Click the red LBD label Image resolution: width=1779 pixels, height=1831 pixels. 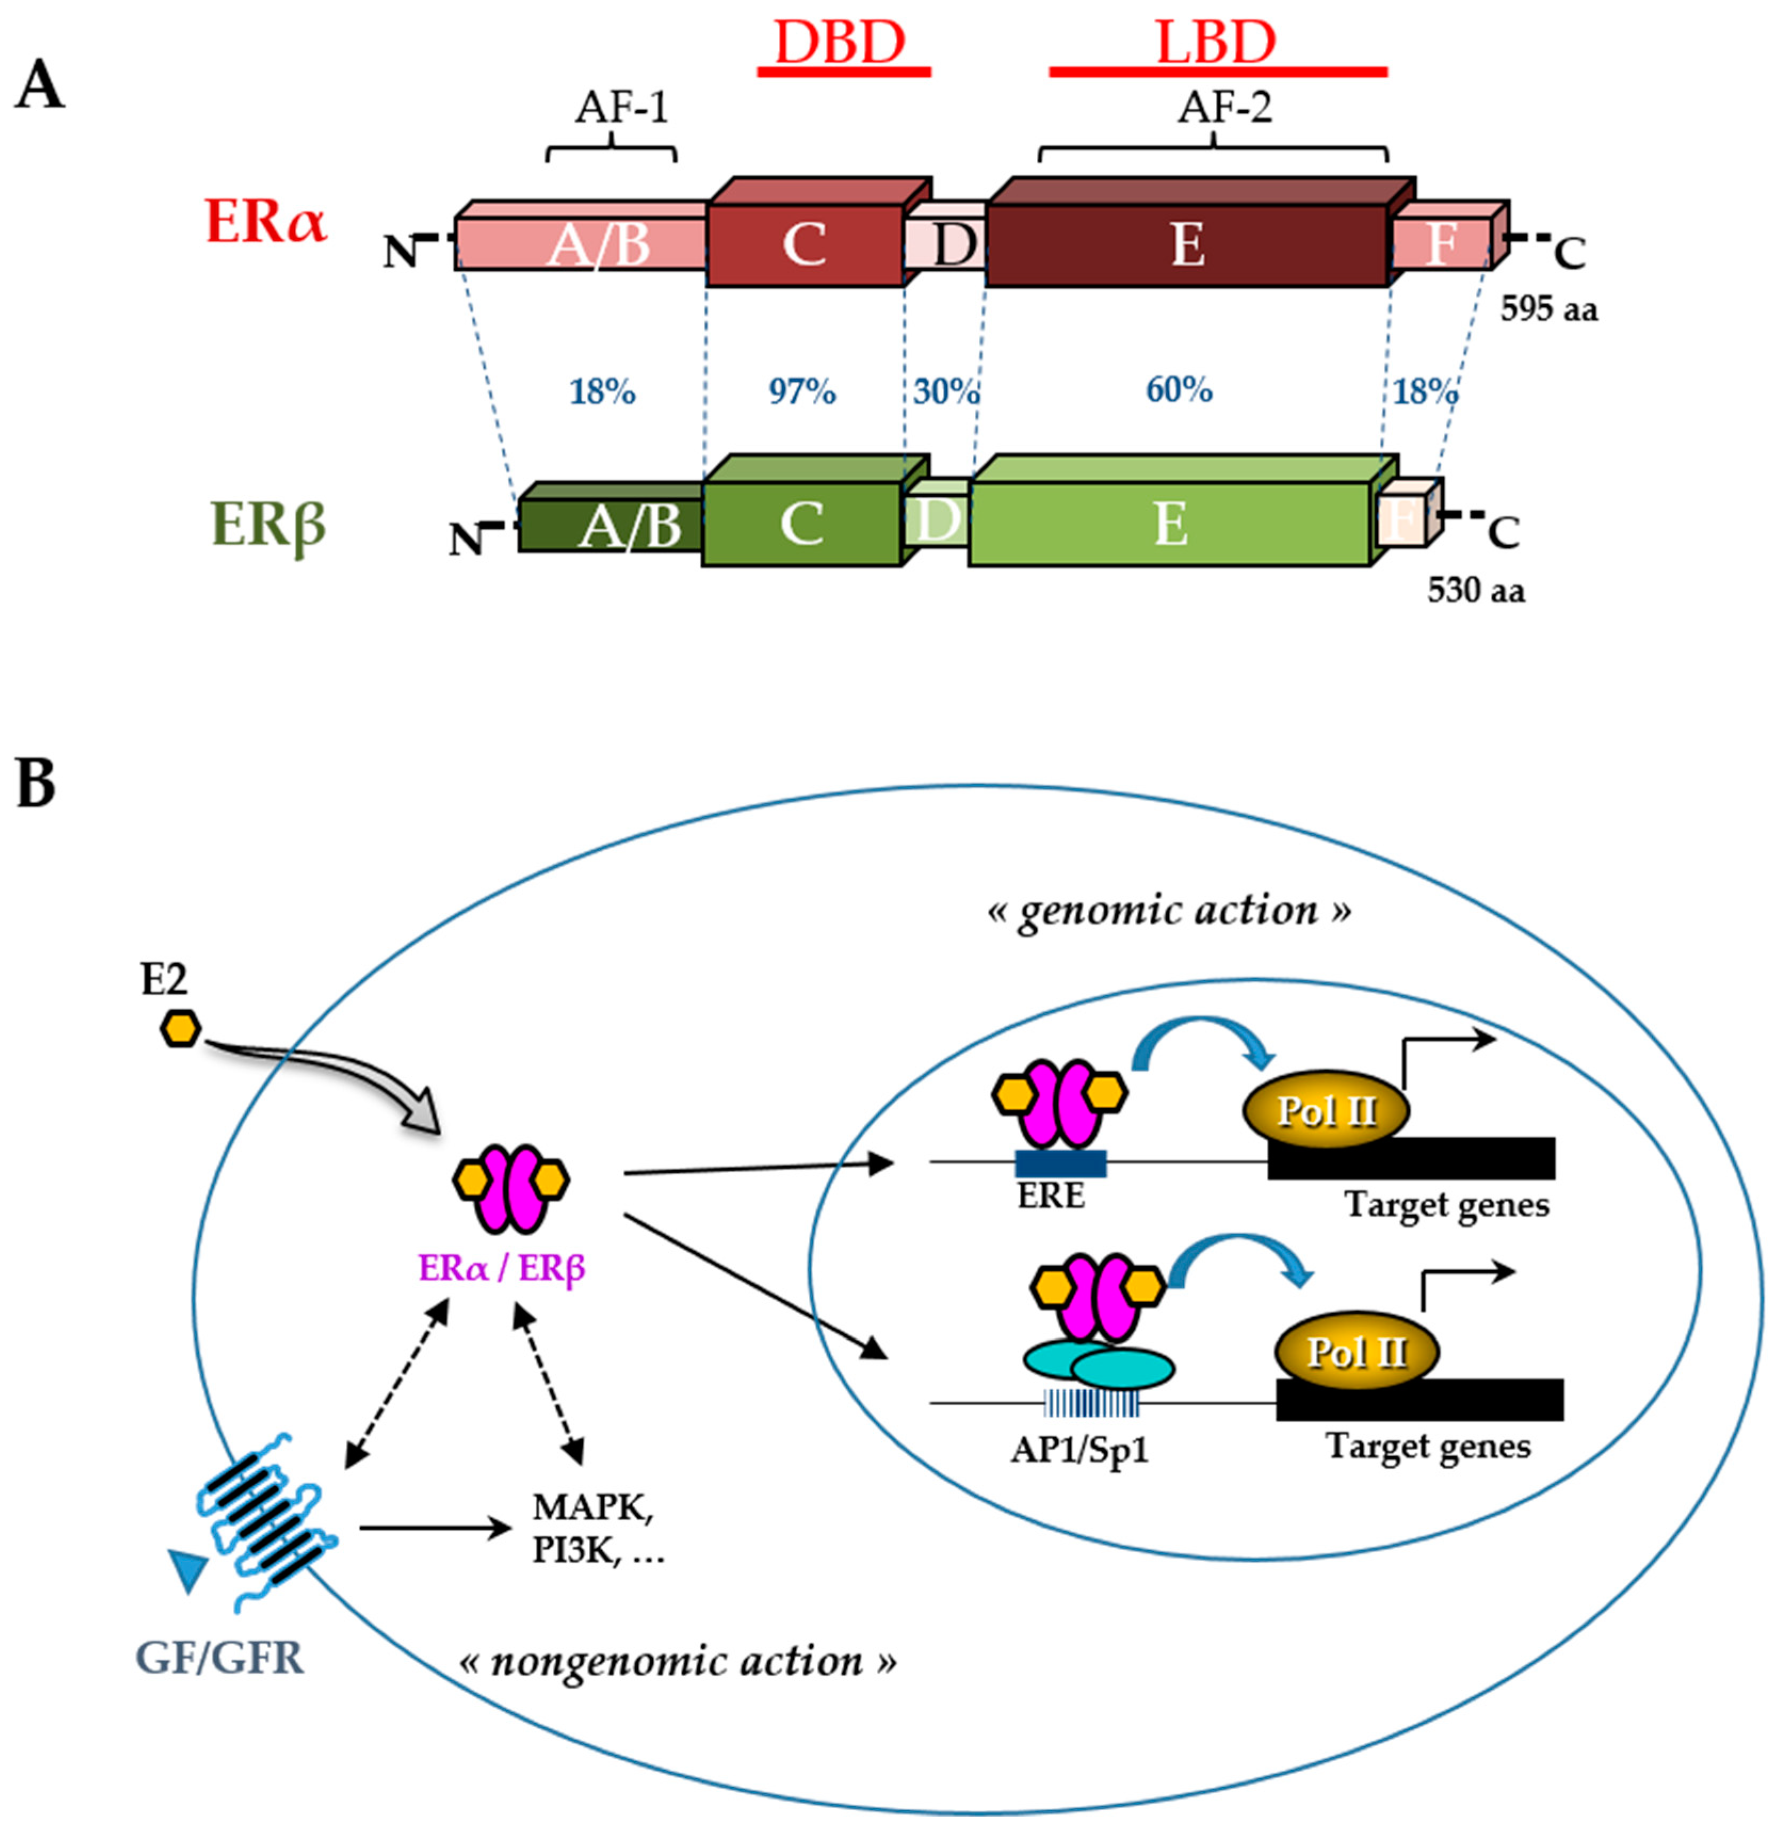(x=1216, y=43)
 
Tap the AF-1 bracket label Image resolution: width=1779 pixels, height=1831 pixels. (x=621, y=108)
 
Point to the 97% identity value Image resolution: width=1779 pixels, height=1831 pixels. (x=802, y=391)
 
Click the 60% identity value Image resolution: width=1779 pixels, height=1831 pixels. (x=1179, y=389)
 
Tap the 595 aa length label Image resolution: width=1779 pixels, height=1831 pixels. (x=1548, y=309)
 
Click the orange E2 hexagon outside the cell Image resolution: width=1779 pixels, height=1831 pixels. (x=180, y=1029)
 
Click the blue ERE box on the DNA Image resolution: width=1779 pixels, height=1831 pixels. (x=1060, y=1164)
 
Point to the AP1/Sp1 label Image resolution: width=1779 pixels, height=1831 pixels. (x=1079, y=1450)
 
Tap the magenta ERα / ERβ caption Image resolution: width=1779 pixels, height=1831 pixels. (x=502, y=1268)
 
